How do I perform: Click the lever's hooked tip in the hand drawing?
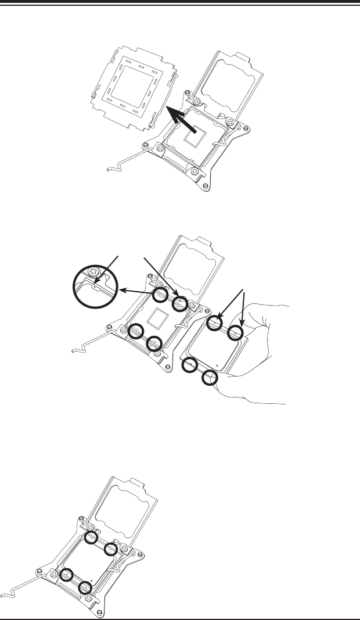[74, 350]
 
